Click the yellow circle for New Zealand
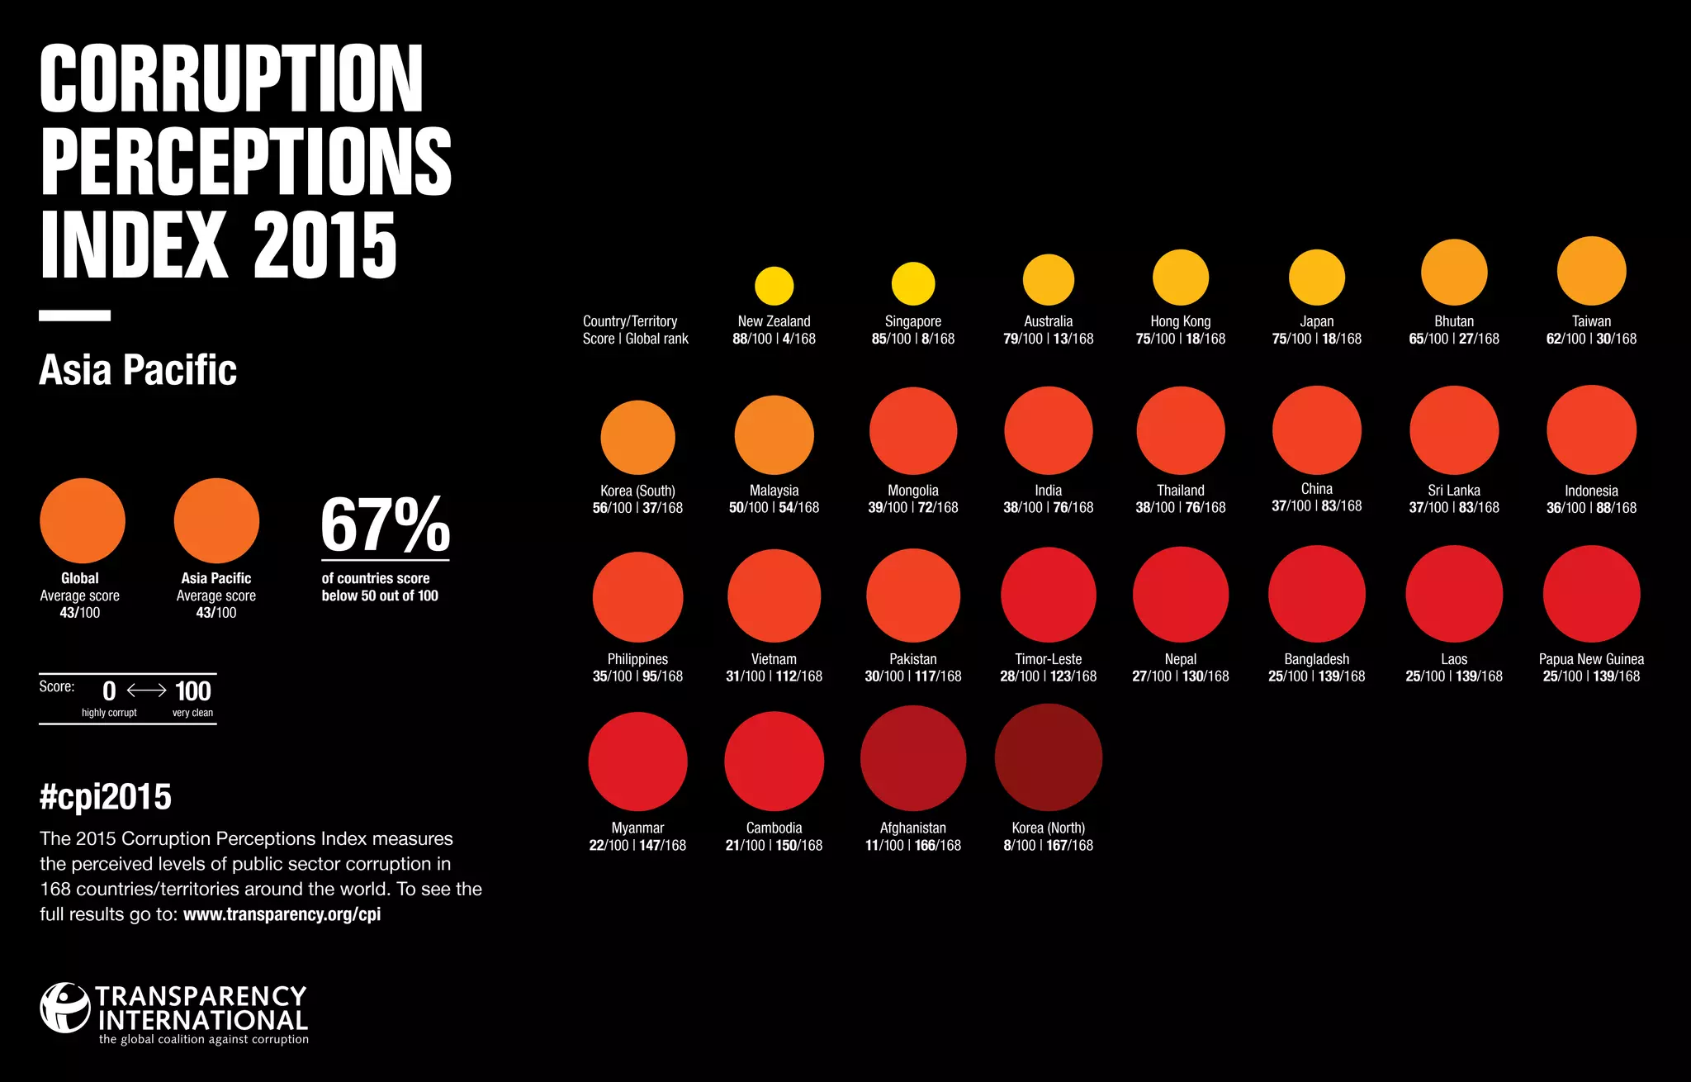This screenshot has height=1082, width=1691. [774, 286]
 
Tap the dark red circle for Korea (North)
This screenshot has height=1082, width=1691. [1048, 757]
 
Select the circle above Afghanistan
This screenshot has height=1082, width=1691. [912, 758]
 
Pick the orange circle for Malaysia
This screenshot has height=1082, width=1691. [774, 435]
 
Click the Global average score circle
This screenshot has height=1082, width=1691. [82, 520]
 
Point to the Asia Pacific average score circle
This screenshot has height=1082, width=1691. [216, 520]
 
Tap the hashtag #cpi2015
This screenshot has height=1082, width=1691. [106, 797]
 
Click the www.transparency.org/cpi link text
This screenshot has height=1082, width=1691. [282, 914]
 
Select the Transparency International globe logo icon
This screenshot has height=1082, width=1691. [64, 1007]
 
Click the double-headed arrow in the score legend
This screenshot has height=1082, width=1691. [146, 690]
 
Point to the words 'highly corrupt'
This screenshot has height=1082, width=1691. [109, 713]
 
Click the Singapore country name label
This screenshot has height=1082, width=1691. [912, 321]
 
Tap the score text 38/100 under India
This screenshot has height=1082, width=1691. [1022, 508]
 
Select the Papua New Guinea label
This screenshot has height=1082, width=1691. [1591, 659]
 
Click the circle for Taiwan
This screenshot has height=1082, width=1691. [1591, 271]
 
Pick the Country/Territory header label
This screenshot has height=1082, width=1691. [629, 321]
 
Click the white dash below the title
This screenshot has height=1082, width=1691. [74, 316]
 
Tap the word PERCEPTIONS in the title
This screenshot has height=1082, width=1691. [245, 162]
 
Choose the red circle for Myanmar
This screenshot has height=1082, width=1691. [637, 762]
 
